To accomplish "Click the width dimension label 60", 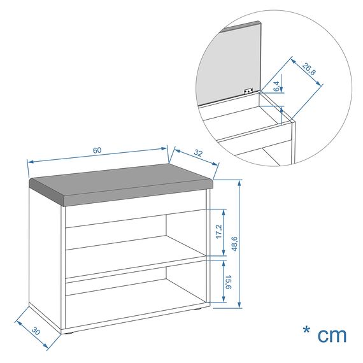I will pyautogui.click(x=97, y=150).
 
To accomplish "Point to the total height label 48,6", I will pyautogui.click(x=234, y=243).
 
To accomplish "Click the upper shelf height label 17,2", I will pyautogui.click(x=219, y=232).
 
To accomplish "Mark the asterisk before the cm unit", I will pyautogui.click(x=306, y=331).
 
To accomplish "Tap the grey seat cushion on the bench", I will pyautogui.click(x=121, y=185).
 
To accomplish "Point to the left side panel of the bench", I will pyautogui.click(x=46, y=255).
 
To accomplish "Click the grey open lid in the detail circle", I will pyautogui.click(x=229, y=60).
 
